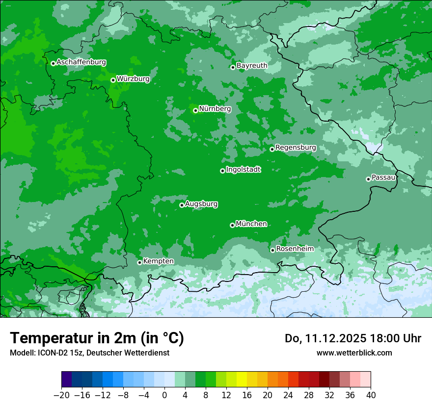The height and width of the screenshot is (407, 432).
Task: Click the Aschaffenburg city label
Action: pyautogui.click(x=81, y=62)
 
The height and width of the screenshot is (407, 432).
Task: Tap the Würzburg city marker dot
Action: pyautogui.click(x=113, y=80)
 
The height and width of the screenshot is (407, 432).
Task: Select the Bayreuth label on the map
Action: pyautogui.click(x=252, y=66)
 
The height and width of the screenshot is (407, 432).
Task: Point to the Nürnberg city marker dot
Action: pyautogui.click(x=195, y=110)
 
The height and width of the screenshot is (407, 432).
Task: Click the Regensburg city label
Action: pyautogui.click(x=296, y=148)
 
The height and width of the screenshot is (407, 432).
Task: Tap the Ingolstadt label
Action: pyautogui.click(x=243, y=170)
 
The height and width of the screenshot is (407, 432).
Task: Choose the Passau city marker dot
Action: pyautogui.click(x=368, y=179)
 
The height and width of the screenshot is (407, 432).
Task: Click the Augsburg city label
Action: pyautogui.click(x=201, y=204)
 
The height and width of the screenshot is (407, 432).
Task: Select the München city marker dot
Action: pyautogui.click(x=232, y=225)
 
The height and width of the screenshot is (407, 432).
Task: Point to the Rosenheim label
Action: pyautogui.click(x=295, y=249)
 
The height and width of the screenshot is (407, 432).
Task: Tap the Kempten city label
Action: pyautogui.click(x=158, y=261)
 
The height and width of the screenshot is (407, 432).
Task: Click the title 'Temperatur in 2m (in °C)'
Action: pyautogui.click(x=97, y=338)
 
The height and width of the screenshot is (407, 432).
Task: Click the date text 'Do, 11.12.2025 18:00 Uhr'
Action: pyautogui.click(x=352, y=338)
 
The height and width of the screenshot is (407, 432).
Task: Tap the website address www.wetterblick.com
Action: pyautogui.click(x=354, y=353)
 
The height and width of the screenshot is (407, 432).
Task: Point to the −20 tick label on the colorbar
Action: pyautogui.click(x=61, y=395)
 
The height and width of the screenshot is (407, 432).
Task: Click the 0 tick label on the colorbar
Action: pyautogui.click(x=164, y=395)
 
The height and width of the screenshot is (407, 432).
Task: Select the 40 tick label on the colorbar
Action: pyautogui.click(x=371, y=395)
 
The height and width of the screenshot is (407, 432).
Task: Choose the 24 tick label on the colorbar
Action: pyautogui.click(x=288, y=395)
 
